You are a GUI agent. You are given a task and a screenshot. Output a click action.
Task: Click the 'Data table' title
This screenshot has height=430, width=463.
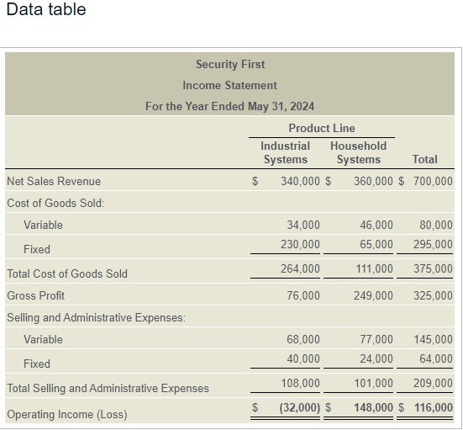pyautogui.click(x=45, y=10)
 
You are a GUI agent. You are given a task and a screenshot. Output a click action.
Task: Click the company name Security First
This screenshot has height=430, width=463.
pyautogui.click(x=229, y=64)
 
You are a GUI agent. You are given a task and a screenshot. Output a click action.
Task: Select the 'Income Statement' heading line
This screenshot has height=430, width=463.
pyautogui.click(x=229, y=85)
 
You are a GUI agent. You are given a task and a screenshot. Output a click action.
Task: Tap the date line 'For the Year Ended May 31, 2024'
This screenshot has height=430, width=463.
pyautogui.click(x=229, y=106)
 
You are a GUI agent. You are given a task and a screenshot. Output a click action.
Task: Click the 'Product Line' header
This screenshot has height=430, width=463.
pyautogui.click(x=321, y=128)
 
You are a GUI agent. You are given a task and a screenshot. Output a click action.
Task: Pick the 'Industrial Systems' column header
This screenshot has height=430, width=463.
pyautogui.click(x=285, y=152)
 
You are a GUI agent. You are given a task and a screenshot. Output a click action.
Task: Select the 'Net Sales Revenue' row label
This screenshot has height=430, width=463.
pyautogui.click(x=53, y=181)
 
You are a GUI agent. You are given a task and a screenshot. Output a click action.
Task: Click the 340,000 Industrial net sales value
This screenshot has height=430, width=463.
pyautogui.click(x=300, y=181)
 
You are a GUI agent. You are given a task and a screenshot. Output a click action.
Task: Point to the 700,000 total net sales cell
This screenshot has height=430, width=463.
pyautogui.click(x=433, y=181)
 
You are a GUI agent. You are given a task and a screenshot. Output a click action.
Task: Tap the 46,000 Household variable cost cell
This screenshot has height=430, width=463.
pyautogui.click(x=376, y=225)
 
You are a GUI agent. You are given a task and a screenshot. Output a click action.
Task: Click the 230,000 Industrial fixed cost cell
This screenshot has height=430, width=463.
pyautogui.click(x=300, y=244)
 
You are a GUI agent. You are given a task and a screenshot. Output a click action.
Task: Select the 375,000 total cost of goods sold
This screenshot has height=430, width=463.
pyautogui.click(x=433, y=268)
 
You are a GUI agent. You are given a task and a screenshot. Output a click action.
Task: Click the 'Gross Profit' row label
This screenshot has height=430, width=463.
pyautogui.click(x=35, y=295)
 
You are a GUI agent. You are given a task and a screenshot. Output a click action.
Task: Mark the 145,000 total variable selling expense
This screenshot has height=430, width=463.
pyautogui.click(x=433, y=339)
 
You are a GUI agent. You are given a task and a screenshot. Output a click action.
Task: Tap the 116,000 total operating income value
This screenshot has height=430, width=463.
pyautogui.click(x=433, y=408)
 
